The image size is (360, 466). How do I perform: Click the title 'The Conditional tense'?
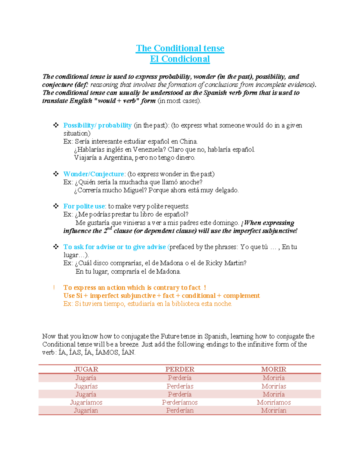pyautogui.click(x=180, y=48)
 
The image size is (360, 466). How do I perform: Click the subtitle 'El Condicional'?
pyautogui.click(x=180, y=59)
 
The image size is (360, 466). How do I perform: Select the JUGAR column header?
pyautogui.click(x=86, y=369)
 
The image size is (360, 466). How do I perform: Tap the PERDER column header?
pyautogui.click(x=180, y=369)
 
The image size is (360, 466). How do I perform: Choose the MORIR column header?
pyautogui.click(x=274, y=369)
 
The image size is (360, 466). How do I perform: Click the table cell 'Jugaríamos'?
pyautogui.click(x=86, y=402)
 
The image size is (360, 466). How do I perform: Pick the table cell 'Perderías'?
pyautogui.click(x=180, y=386)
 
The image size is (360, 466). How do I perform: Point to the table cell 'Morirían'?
pyautogui.click(x=274, y=410)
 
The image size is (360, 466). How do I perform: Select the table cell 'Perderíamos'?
pyautogui.click(x=180, y=402)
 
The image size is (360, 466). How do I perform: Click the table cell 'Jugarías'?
pyautogui.click(x=86, y=386)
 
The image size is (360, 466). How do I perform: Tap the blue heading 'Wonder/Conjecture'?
pyautogui.click(x=94, y=174)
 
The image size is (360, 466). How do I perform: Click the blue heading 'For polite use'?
pyautogui.click(x=84, y=206)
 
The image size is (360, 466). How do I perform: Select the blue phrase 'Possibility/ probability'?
pyautogui.click(x=97, y=125)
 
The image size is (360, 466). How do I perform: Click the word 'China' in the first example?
pyautogui.click(x=188, y=141)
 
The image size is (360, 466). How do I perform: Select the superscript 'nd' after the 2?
pyautogui.click(x=110, y=229)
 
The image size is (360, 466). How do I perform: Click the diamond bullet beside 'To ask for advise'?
pyautogui.click(x=56, y=247)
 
